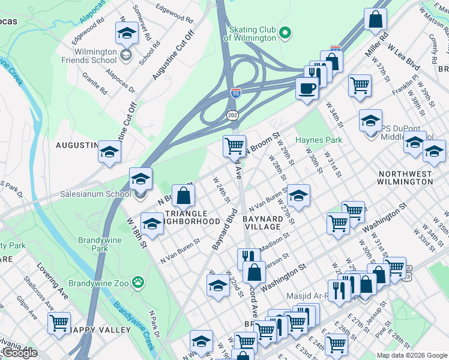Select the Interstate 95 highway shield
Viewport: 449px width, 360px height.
[x=237, y=94]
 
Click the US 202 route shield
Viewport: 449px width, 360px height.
[x=232, y=115]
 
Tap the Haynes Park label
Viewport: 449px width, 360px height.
[x=318, y=140]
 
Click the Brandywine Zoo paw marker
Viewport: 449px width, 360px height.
[x=138, y=281]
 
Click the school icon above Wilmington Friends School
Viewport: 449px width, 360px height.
[x=127, y=34]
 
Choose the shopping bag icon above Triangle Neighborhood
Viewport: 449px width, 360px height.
[x=184, y=195]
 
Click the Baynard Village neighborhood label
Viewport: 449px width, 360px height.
[x=262, y=223]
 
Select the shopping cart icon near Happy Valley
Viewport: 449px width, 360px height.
[x=59, y=323]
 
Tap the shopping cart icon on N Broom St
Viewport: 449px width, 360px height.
[x=234, y=145]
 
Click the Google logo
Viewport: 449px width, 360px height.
[x=20, y=353]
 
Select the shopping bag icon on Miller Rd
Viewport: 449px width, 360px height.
[x=375, y=19]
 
